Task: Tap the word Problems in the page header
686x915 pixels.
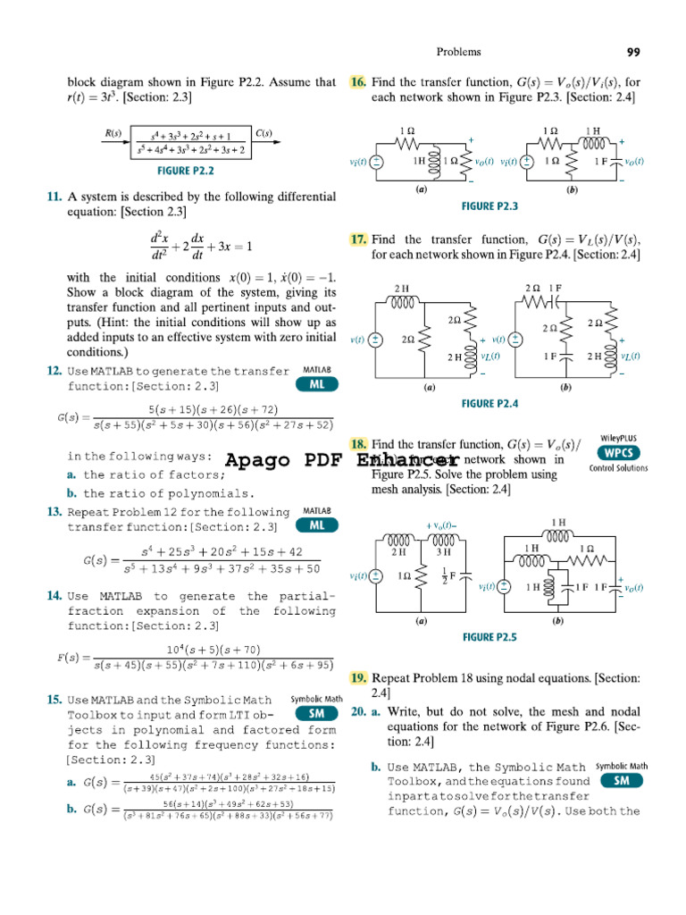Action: point(458,52)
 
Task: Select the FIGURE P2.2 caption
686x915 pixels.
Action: point(185,170)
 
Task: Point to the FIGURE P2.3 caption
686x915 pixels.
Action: point(489,206)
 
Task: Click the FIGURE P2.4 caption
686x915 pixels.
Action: point(489,404)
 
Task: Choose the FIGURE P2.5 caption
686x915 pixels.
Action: point(489,637)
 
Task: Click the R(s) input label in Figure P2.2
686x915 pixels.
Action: point(113,134)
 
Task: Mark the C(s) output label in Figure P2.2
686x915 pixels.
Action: point(264,134)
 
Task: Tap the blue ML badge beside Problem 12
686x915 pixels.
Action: point(316,384)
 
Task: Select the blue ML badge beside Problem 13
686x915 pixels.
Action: point(316,525)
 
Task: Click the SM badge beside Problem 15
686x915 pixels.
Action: point(316,713)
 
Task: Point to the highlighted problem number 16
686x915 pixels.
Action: point(357,82)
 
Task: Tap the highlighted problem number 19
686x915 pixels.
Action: point(358,678)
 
